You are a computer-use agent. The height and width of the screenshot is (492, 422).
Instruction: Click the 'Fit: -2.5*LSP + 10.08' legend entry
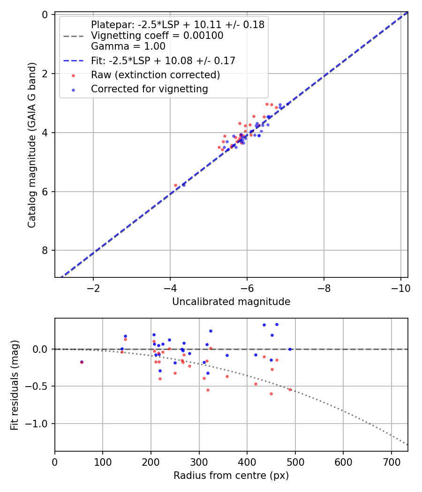(x=163, y=60)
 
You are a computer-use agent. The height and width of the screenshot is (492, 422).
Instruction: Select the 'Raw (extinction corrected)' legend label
(x=155, y=75)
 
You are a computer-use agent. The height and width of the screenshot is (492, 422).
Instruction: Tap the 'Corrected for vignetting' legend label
(x=150, y=89)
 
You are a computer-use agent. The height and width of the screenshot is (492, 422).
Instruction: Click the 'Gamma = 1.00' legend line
(x=128, y=46)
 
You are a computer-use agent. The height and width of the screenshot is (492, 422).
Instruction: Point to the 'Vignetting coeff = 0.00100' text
(x=157, y=36)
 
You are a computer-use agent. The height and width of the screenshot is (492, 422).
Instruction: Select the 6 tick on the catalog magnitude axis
(x=45, y=192)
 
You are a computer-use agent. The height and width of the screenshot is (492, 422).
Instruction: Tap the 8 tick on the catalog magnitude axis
(x=45, y=251)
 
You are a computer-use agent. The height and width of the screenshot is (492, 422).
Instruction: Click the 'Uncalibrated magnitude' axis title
(x=231, y=302)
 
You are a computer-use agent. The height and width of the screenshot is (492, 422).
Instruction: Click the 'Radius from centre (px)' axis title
(x=231, y=476)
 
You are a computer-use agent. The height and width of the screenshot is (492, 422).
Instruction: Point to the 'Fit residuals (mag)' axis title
(x=14, y=385)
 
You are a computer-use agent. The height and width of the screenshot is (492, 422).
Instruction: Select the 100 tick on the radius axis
(x=103, y=462)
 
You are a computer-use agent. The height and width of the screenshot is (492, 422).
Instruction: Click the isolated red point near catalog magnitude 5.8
(x=176, y=185)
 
